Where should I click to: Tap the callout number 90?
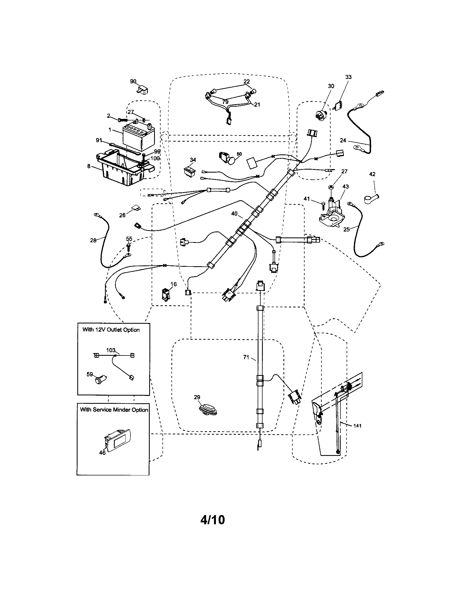[x=133, y=81]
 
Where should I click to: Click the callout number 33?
[x=348, y=77]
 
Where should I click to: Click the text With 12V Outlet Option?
[x=111, y=330]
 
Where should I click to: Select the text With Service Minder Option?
[x=114, y=409]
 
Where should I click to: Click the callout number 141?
[x=357, y=425]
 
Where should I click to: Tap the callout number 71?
[x=246, y=357]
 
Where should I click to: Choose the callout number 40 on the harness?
[x=234, y=214]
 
